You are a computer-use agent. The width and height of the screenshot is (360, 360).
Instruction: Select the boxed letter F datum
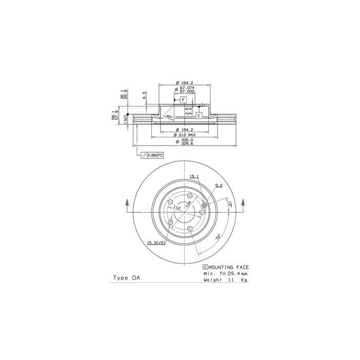(183, 99)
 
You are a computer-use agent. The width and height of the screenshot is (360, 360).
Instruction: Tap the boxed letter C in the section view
(198, 116)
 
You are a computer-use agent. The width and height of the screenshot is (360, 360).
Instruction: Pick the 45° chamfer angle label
(168, 117)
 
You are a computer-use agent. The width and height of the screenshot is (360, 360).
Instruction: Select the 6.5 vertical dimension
(145, 96)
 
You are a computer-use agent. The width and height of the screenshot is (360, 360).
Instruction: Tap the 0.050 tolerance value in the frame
(152, 155)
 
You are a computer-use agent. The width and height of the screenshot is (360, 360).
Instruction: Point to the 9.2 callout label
(218, 186)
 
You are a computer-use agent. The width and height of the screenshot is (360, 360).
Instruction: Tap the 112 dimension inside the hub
(176, 208)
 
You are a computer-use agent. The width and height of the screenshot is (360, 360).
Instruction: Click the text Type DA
(126, 278)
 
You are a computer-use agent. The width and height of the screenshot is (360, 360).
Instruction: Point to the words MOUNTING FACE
(229, 267)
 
